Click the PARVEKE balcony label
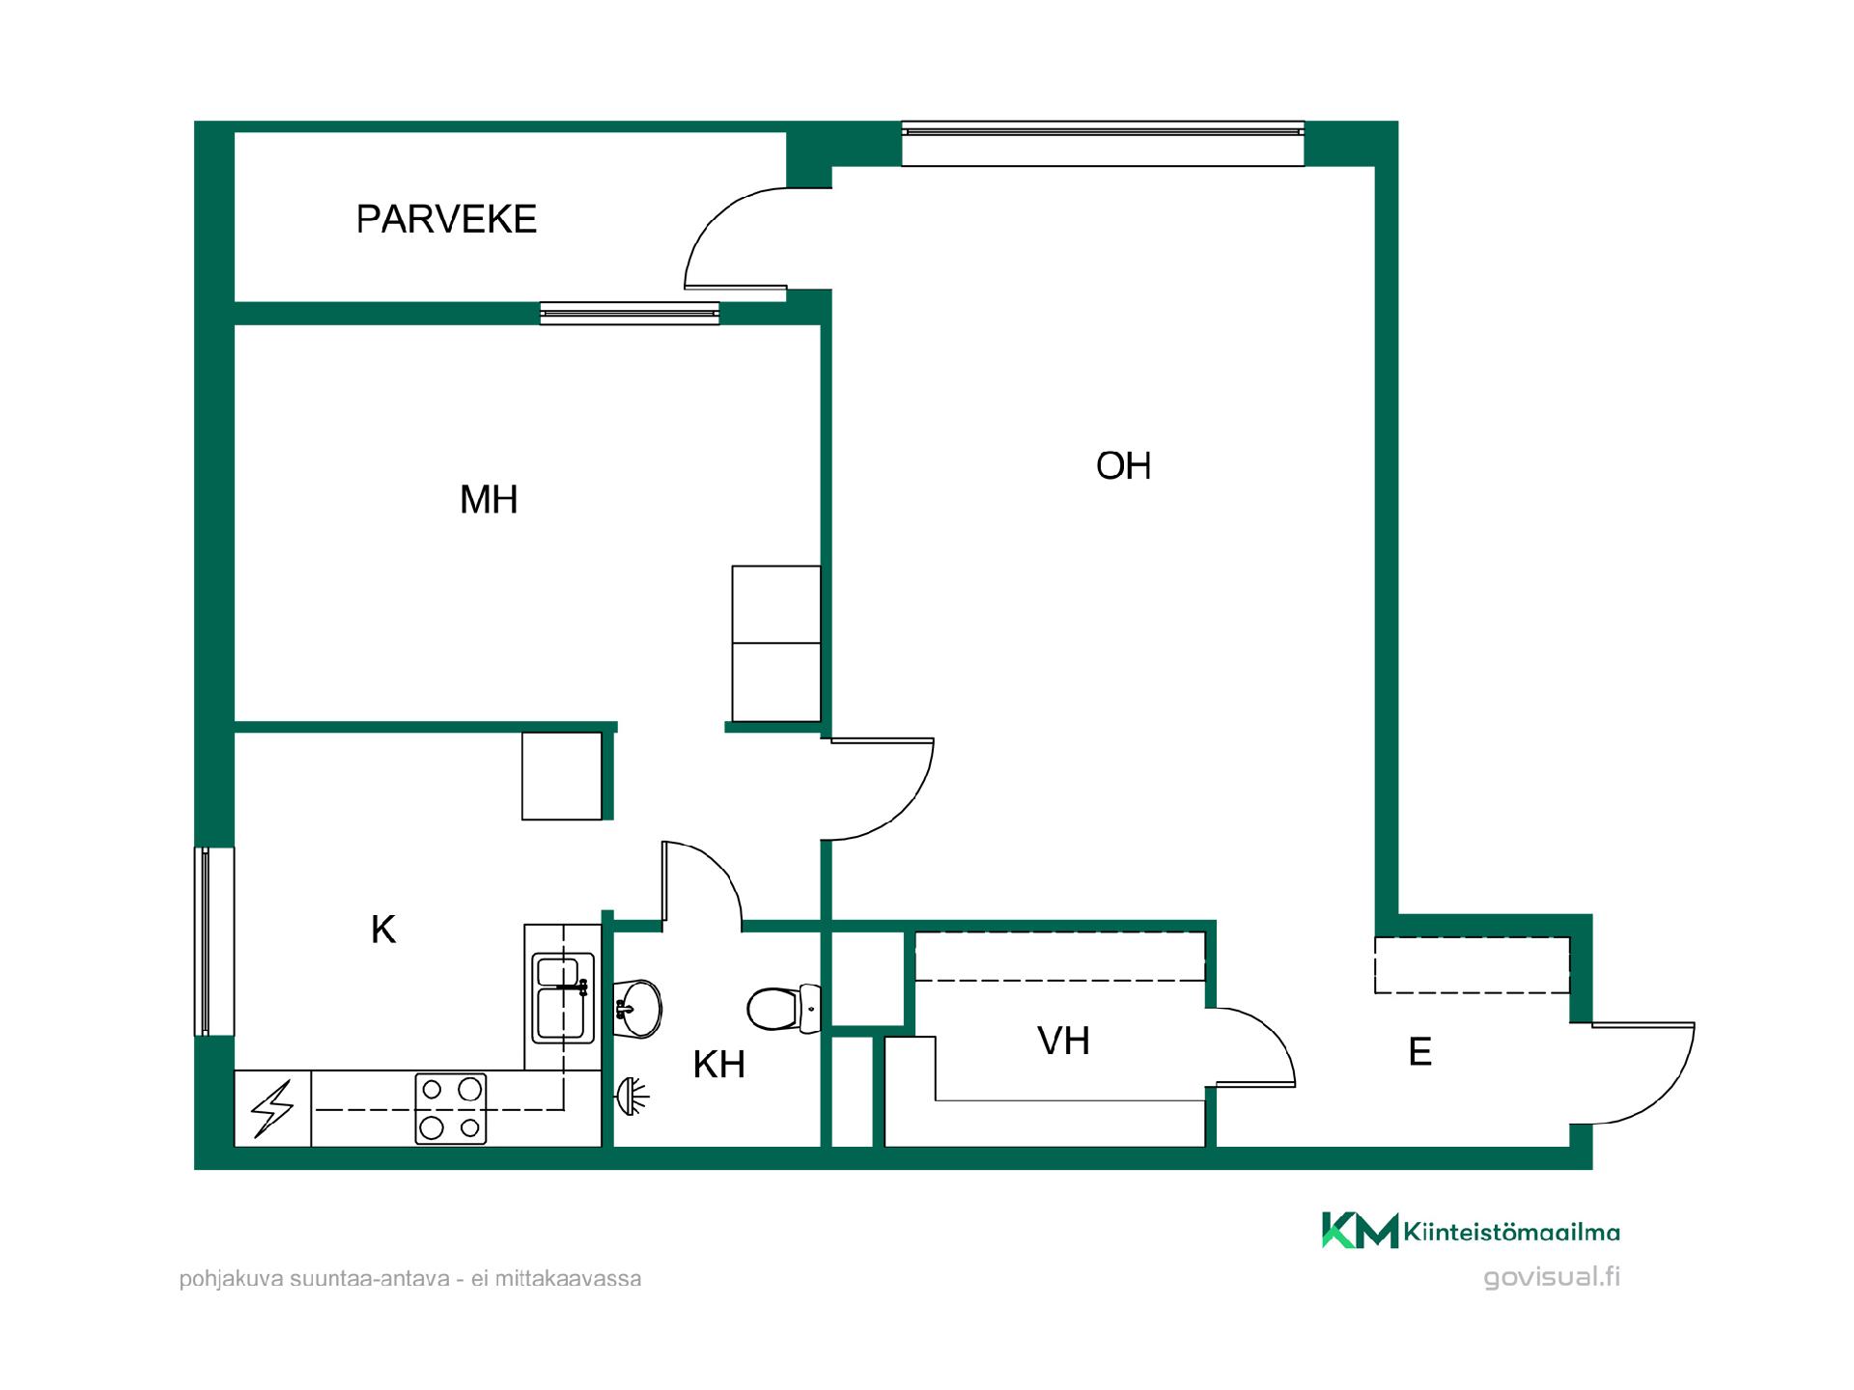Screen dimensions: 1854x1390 [x=446, y=219]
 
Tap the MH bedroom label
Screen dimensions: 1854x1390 [x=489, y=500]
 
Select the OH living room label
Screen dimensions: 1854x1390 [x=1123, y=466]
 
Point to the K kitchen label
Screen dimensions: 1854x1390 [x=383, y=930]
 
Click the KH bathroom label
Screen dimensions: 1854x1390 [x=719, y=1065]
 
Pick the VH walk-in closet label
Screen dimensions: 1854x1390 [x=1063, y=1042]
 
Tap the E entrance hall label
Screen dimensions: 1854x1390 [x=1419, y=1052]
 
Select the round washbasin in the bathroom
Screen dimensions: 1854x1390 [x=637, y=1009]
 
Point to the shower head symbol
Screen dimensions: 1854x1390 [x=632, y=1097]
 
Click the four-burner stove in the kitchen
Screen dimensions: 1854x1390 [x=451, y=1109]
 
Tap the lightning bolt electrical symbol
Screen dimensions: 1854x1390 [x=272, y=1109]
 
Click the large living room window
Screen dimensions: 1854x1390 [x=1103, y=144]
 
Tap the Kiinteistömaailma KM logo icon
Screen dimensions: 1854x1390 [x=1360, y=1231]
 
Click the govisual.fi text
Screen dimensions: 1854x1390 [x=1552, y=1277]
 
